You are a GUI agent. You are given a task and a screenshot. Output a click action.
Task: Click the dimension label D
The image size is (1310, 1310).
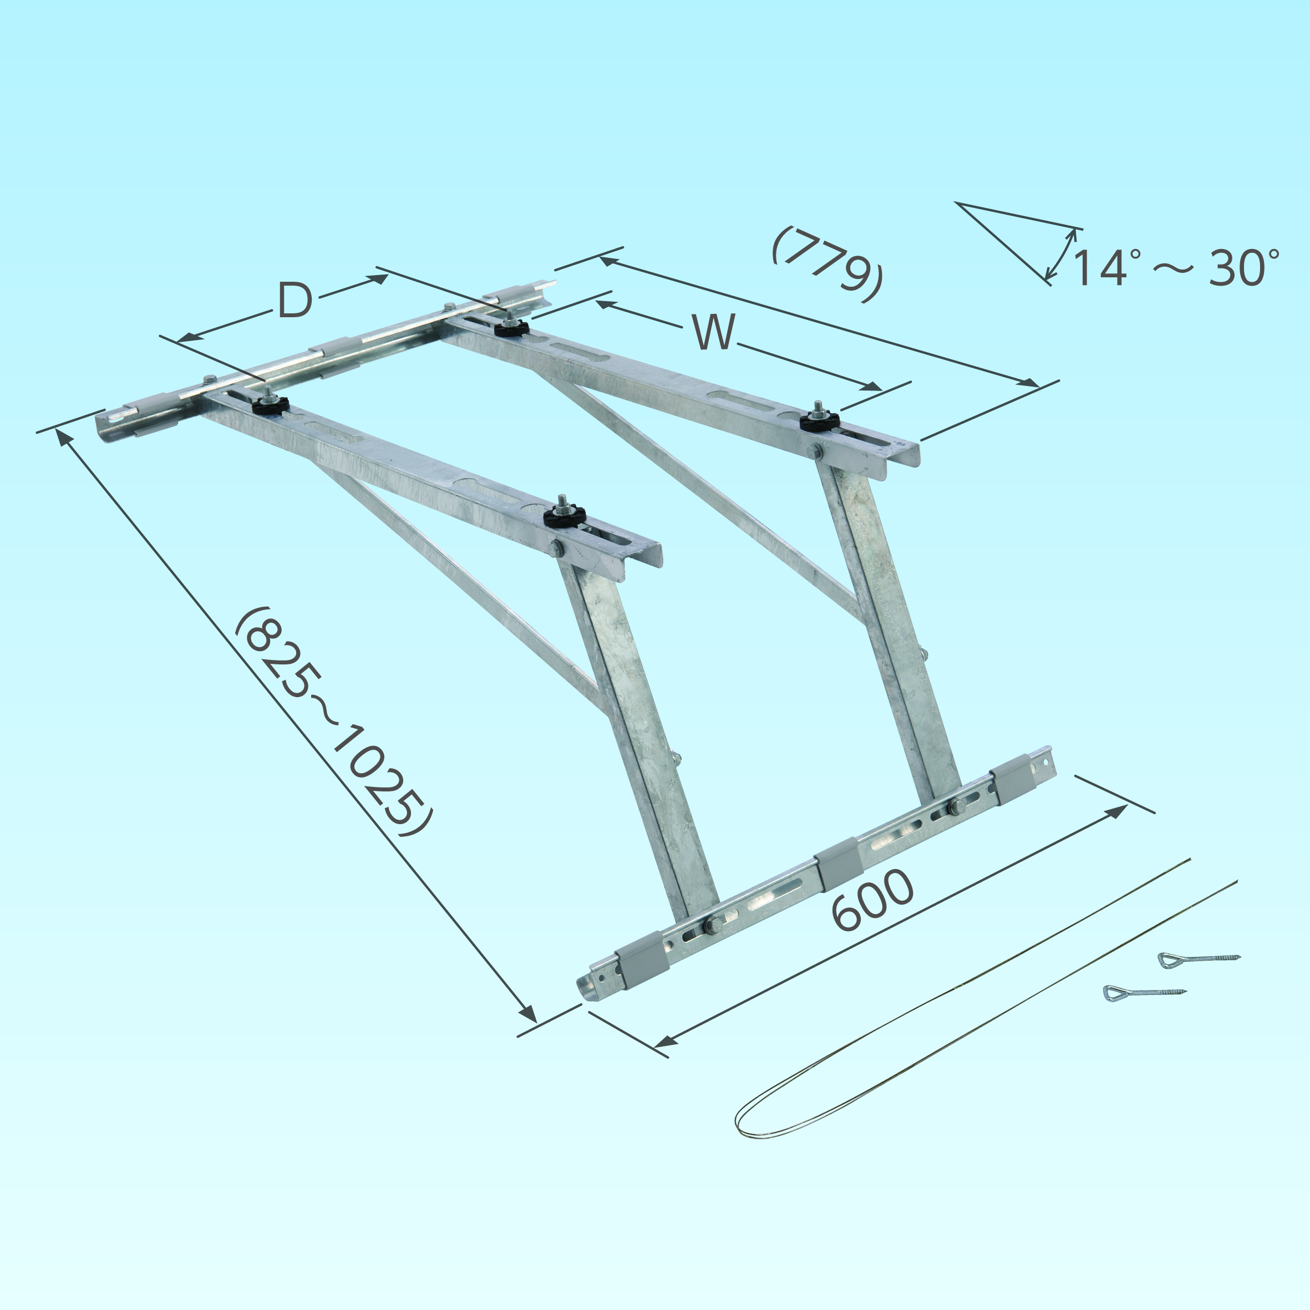click(x=296, y=301)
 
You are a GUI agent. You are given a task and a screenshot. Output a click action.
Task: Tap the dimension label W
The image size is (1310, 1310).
click(x=714, y=332)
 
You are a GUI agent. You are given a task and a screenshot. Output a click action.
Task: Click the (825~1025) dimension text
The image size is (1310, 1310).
click(x=332, y=721)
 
